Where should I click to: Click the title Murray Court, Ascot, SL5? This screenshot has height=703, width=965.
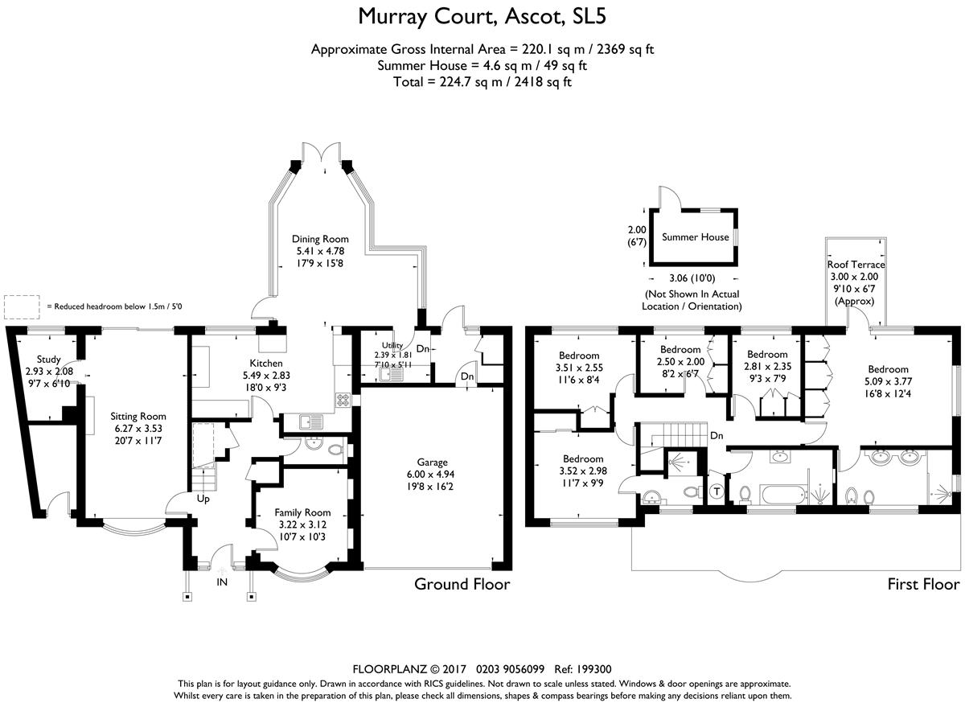pyautogui.click(x=482, y=17)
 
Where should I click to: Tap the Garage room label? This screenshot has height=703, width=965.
pyautogui.click(x=432, y=462)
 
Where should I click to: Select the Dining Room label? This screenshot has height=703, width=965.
pyautogui.click(x=320, y=239)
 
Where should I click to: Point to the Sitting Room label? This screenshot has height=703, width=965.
pyautogui.click(x=138, y=417)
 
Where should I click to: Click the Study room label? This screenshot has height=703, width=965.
pyautogui.click(x=49, y=360)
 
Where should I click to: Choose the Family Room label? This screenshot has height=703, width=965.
pyautogui.click(x=302, y=512)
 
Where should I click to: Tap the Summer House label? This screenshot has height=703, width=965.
pyautogui.click(x=696, y=237)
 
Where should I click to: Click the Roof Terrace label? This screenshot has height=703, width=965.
pyautogui.click(x=856, y=265)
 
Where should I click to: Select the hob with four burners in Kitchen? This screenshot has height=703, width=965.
pyautogui.click(x=343, y=400)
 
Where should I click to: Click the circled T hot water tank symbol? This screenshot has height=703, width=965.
pyautogui.click(x=717, y=491)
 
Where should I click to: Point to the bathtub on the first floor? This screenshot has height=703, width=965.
pyautogui.click(x=784, y=495)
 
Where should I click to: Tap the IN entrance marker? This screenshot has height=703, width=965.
pyautogui.click(x=222, y=582)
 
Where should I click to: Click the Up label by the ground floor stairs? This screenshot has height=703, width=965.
pyautogui.click(x=203, y=499)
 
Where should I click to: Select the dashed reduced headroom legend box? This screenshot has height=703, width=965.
pyautogui.click(x=22, y=307)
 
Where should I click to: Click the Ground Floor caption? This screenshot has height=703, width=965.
pyautogui.click(x=462, y=584)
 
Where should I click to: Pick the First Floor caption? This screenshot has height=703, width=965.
pyautogui.click(x=924, y=584)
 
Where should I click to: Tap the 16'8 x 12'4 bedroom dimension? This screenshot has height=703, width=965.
pyautogui.click(x=889, y=393)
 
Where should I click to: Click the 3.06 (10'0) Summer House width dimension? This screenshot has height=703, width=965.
pyautogui.click(x=692, y=278)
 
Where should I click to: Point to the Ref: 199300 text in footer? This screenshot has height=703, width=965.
pyautogui.click(x=583, y=669)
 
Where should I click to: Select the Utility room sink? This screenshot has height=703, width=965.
pyautogui.click(x=391, y=375)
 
